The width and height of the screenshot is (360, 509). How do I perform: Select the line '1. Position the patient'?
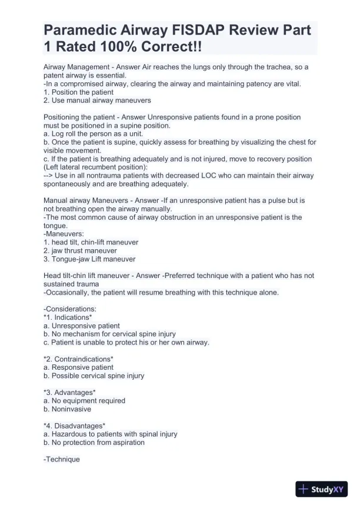(78, 92)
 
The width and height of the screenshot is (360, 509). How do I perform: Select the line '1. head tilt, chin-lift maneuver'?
(91, 242)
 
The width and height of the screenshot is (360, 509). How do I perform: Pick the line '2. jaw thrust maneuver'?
(80, 250)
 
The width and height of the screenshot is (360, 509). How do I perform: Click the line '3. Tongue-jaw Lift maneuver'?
(89, 259)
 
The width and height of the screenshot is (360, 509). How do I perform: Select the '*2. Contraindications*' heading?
(78, 359)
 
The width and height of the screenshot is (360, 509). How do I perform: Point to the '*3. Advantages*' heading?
(69, 392)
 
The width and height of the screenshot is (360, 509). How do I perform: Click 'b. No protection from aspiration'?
(94, 443)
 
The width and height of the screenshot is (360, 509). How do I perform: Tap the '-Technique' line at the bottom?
(61, 459)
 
